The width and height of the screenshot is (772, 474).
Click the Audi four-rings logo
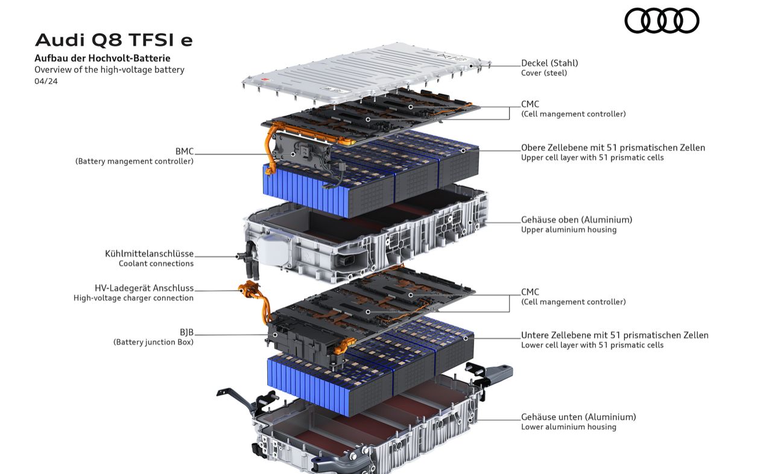click(662, 21)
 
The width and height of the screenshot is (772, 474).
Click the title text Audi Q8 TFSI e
click(114, 40)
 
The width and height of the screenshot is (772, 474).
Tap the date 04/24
click(46, 81)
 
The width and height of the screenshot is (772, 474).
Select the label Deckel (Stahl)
click(549, 63)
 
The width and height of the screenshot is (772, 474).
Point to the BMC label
click(185, 151)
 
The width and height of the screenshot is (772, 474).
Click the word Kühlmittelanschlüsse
click(150, 254)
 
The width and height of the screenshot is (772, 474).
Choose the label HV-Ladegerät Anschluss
click(144, 288)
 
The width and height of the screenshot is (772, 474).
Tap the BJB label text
click(186, 332)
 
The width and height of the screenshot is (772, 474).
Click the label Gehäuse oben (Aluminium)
click(577, 220)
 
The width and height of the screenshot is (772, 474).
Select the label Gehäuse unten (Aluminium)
click(578, 417)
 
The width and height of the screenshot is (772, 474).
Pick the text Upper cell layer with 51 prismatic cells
click(592, 157)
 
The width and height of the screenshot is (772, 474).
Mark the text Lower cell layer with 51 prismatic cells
click(592, 345)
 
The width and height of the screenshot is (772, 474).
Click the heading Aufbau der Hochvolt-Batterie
click(103, 58)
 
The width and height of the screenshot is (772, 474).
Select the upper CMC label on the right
click(530, 104)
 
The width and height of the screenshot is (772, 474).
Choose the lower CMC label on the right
click(530, 292)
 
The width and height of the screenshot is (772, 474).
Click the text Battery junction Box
click(153, 342)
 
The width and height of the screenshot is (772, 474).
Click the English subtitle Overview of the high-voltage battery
click(109, 69)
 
